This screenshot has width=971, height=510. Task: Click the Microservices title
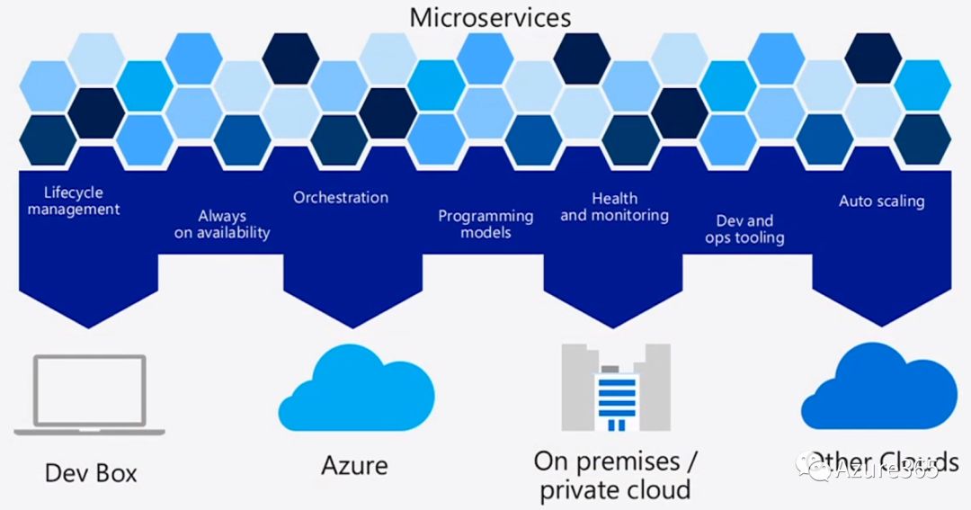[490, 16]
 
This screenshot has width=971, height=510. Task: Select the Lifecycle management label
[74, 201]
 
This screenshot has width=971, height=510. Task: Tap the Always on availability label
[221, 224]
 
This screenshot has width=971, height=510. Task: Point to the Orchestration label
[341, 197]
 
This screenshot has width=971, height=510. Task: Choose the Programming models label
[485, 224]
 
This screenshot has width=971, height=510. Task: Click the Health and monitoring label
[615, 207]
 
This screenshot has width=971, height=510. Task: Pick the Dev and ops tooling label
[744, 229]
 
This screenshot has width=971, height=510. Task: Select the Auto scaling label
[881, 201]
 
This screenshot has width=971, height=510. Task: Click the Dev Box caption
[91, 472]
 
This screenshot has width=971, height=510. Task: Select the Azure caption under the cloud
[354, 465]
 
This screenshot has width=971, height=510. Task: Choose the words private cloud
[616, 489]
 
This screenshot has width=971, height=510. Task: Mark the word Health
[615, 198]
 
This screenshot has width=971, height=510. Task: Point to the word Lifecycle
[74, 192]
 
